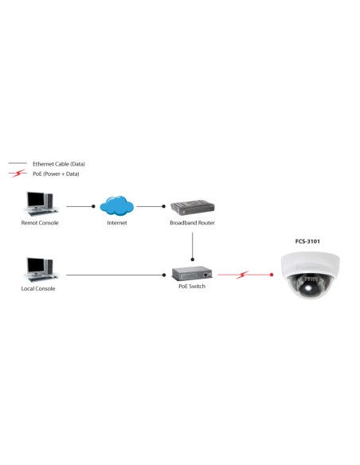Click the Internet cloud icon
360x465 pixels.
coord(117,205)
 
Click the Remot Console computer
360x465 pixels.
coord(40,205)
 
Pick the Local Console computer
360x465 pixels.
coord(38,270)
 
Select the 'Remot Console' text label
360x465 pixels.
coord(40,223)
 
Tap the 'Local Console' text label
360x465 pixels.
coord(38,288)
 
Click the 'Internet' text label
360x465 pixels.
coord(117,223)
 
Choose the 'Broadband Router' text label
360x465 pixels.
coord(193,223)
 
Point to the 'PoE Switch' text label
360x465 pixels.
coord(192,287)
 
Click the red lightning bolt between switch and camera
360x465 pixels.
coord(243,275)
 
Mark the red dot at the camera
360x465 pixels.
coord(272,275)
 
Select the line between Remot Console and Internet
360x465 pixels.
coord(80,206)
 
